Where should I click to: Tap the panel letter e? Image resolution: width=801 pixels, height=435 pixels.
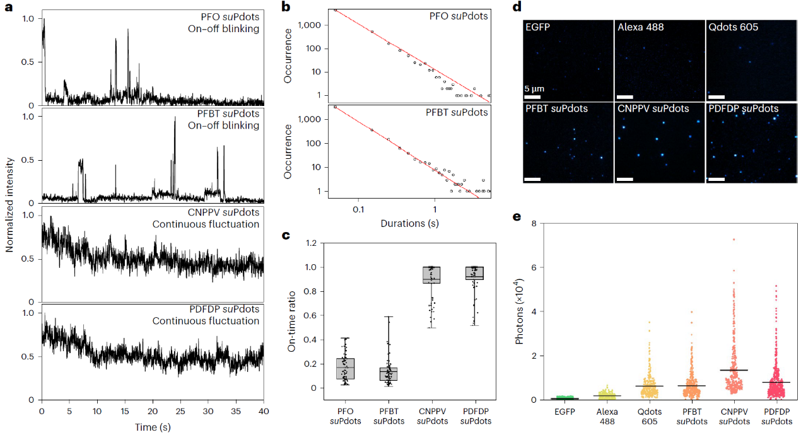518,217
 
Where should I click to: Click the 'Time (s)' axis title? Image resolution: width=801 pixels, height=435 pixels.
153,427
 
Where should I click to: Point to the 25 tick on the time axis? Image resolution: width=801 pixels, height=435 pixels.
180,411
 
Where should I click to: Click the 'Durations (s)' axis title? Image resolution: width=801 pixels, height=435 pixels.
410,223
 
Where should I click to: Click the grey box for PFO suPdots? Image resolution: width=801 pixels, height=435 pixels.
345,369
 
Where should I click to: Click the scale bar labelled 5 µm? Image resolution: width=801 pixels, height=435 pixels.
532,97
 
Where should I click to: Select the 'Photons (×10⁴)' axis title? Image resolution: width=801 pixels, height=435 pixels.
520,311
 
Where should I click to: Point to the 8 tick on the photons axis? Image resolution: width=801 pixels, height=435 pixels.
533,223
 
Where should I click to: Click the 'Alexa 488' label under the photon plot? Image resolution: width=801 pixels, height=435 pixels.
609,417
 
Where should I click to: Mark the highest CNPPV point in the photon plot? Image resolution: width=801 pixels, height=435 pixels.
734,240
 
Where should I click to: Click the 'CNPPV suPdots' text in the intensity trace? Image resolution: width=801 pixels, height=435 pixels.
224,212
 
